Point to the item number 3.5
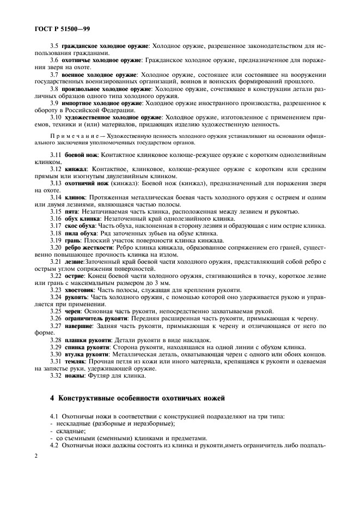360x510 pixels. coord(54,46)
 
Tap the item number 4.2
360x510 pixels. coord(54,445)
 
